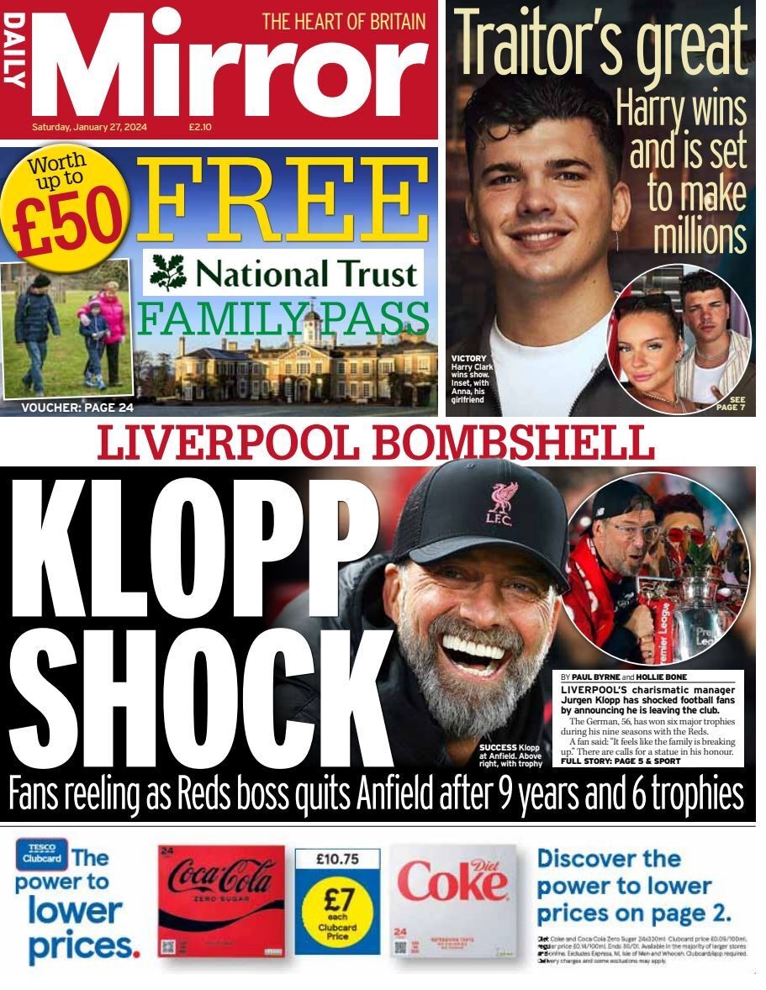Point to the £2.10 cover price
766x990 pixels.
[x=200, y=128]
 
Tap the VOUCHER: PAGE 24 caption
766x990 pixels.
[x=77, y=408]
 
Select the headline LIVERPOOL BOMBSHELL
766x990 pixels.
[x=376, y=443]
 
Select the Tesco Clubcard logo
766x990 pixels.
[x=41, y=855]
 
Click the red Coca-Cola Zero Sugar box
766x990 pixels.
[x=221, y=902]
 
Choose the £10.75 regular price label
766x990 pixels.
[x=337, y=861]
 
